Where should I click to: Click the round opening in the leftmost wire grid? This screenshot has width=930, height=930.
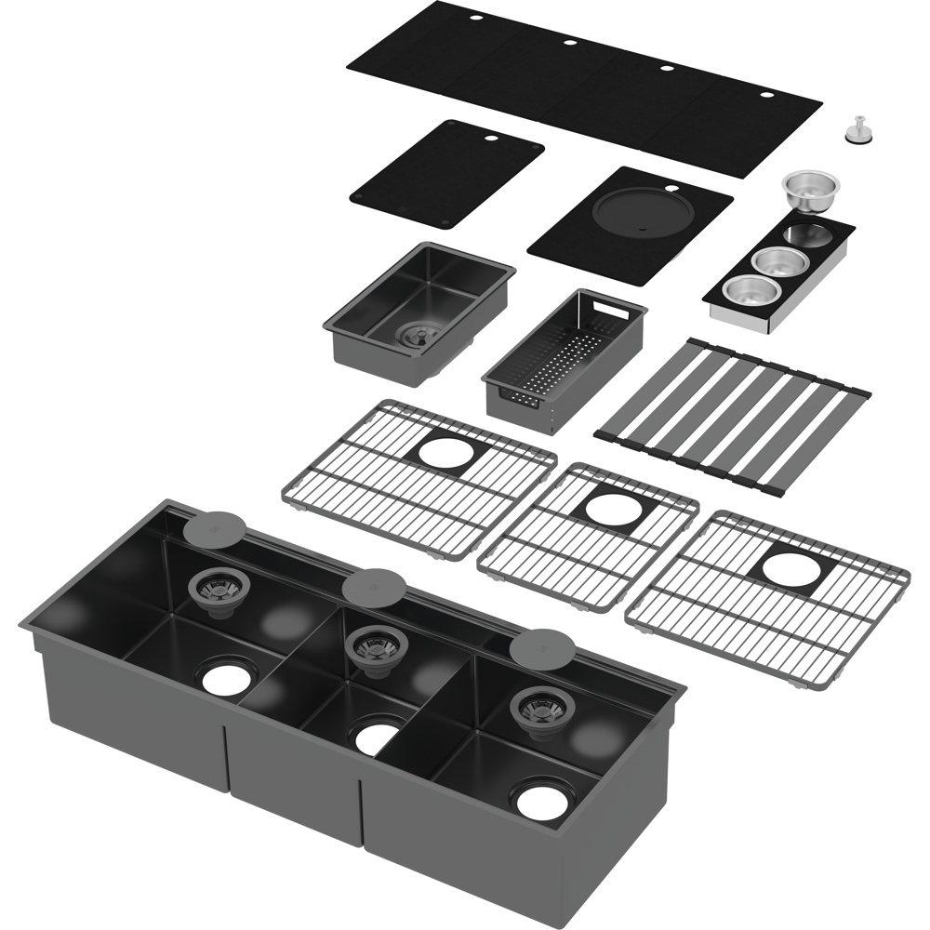(x=445, y=452)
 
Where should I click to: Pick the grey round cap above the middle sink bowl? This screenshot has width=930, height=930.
(x=374, y=586)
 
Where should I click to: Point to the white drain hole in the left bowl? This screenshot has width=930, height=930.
(x=227, y=679)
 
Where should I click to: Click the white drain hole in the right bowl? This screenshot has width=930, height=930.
(x=542, y=801)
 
